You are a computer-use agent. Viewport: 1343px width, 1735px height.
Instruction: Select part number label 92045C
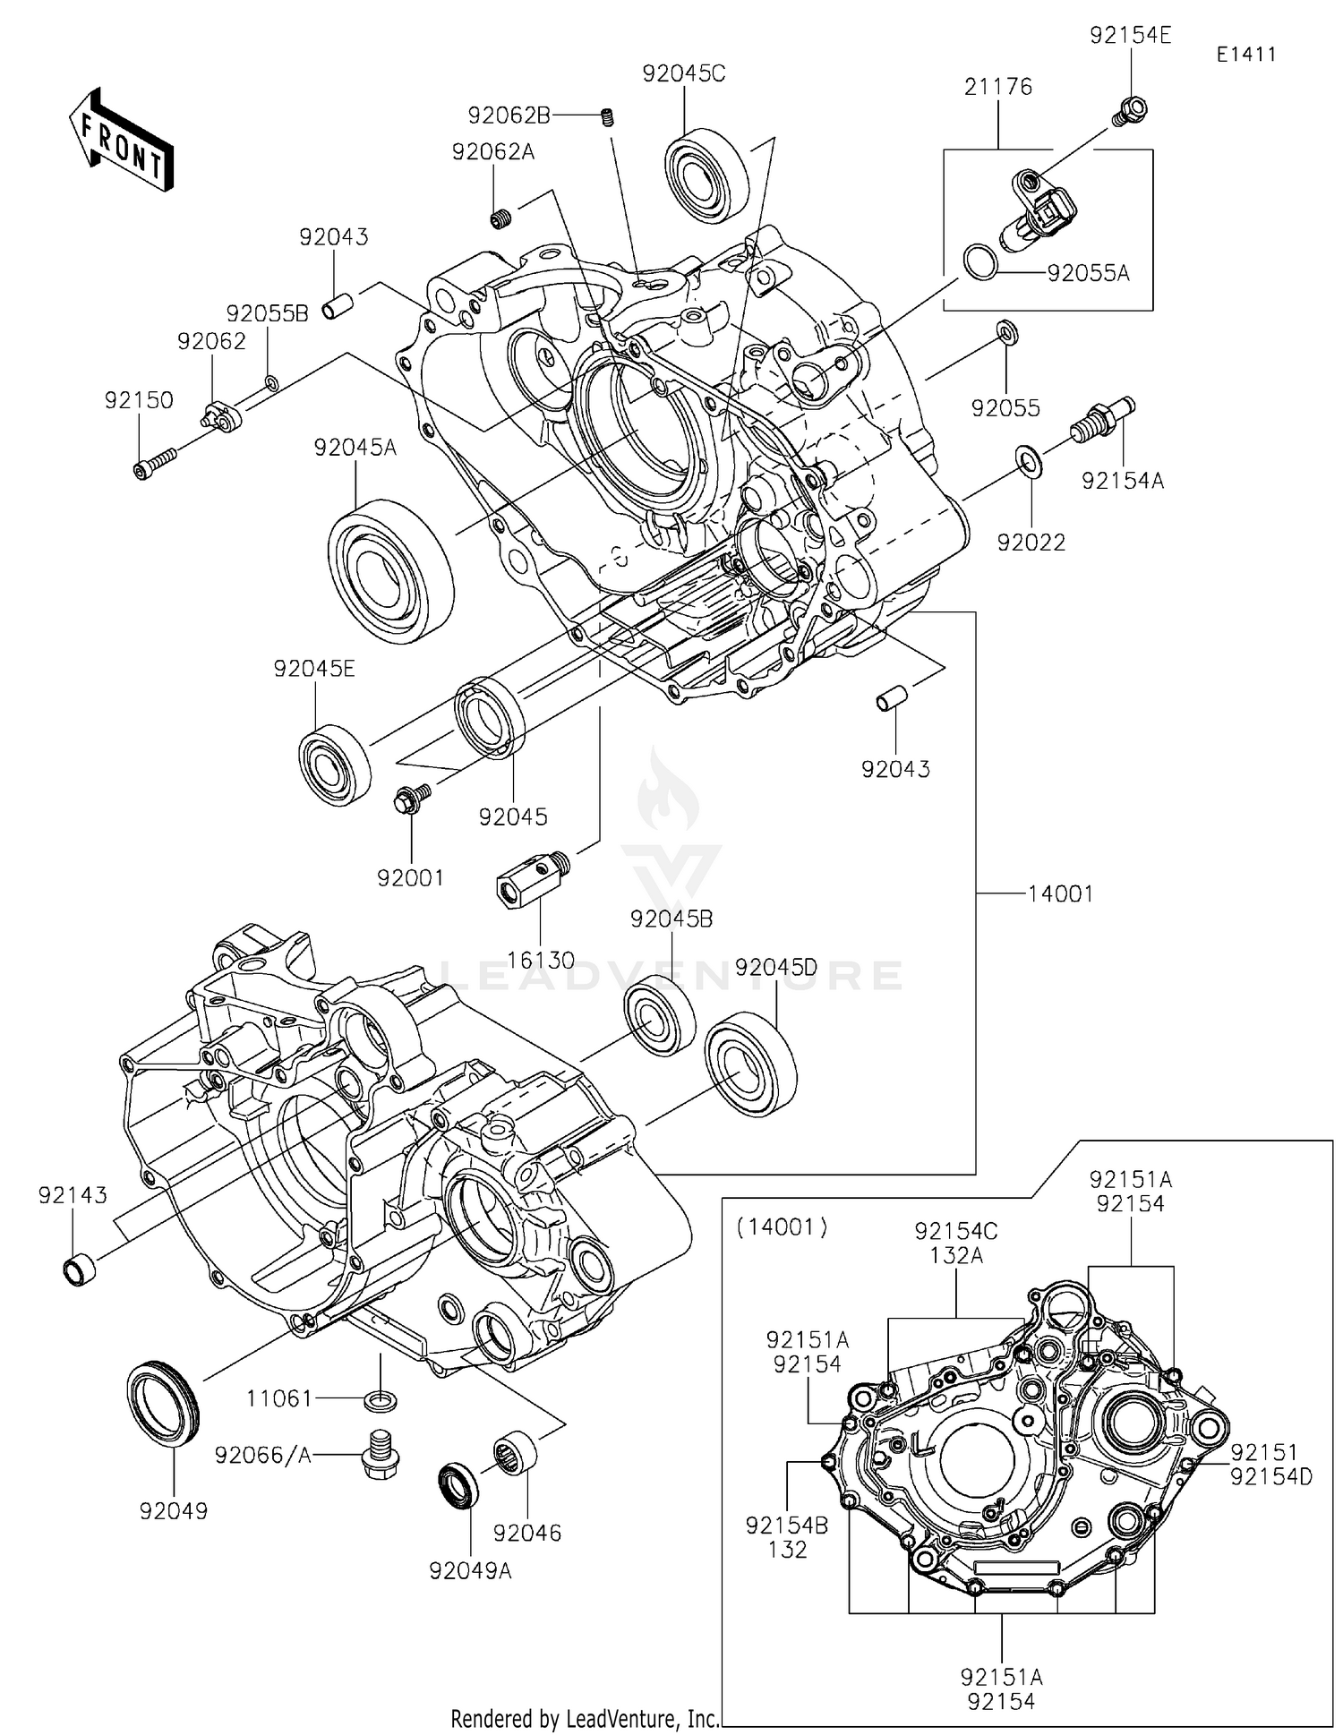(x=683, y=73)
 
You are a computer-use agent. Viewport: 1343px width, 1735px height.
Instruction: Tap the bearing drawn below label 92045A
(x=390, y=571)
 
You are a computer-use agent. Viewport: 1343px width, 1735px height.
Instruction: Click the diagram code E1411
(x=1245, y=54)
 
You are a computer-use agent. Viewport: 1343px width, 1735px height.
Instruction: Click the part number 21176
(x=998, y=87)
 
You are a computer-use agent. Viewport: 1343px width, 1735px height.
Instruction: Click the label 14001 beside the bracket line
(x=1060, y=893)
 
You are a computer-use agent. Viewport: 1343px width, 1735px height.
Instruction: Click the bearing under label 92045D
(x=750, y=1064)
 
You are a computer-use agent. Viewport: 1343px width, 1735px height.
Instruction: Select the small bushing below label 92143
(x=79, y=1269)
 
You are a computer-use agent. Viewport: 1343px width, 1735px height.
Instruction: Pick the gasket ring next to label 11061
(x=382, y=1398)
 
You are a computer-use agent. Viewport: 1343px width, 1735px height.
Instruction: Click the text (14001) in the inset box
(x=782, y=1226)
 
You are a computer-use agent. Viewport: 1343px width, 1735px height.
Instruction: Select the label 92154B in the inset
(x=787, y=1525)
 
